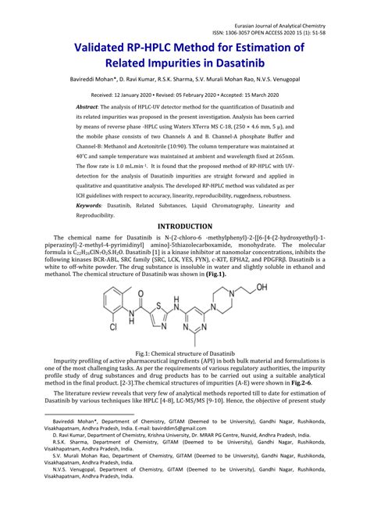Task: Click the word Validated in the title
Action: pos(101,48)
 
